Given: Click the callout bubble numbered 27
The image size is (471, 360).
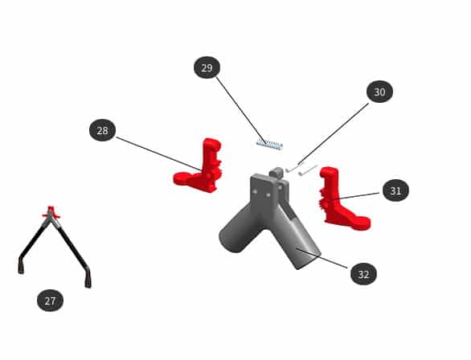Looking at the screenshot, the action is click(50, 301).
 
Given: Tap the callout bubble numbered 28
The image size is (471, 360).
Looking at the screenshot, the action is click(102, 130).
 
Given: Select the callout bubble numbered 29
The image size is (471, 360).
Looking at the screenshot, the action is click(207, 67).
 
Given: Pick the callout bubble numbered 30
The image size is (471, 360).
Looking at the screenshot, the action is click(379, 92).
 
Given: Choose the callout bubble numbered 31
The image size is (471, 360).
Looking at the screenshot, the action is click(395, 190).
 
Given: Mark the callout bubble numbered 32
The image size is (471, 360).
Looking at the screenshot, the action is click(363, 274).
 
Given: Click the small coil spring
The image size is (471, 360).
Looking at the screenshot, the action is click(269, 145).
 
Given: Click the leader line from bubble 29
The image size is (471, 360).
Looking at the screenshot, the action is click(241, 110).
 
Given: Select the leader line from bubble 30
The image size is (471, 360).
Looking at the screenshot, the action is click(333, 134).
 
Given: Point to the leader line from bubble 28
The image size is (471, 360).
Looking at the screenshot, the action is click(158, 154).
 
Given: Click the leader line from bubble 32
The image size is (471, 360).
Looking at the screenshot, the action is click(322, 258).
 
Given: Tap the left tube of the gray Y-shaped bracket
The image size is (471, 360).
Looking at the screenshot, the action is click(237, 229).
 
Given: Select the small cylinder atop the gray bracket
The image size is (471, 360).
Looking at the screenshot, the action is click(276, 172).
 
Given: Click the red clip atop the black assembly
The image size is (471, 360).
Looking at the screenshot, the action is click(51, 212).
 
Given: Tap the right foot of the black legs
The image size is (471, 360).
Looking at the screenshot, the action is click(88, 278).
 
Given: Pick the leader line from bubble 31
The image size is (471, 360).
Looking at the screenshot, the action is click(357, 196).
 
